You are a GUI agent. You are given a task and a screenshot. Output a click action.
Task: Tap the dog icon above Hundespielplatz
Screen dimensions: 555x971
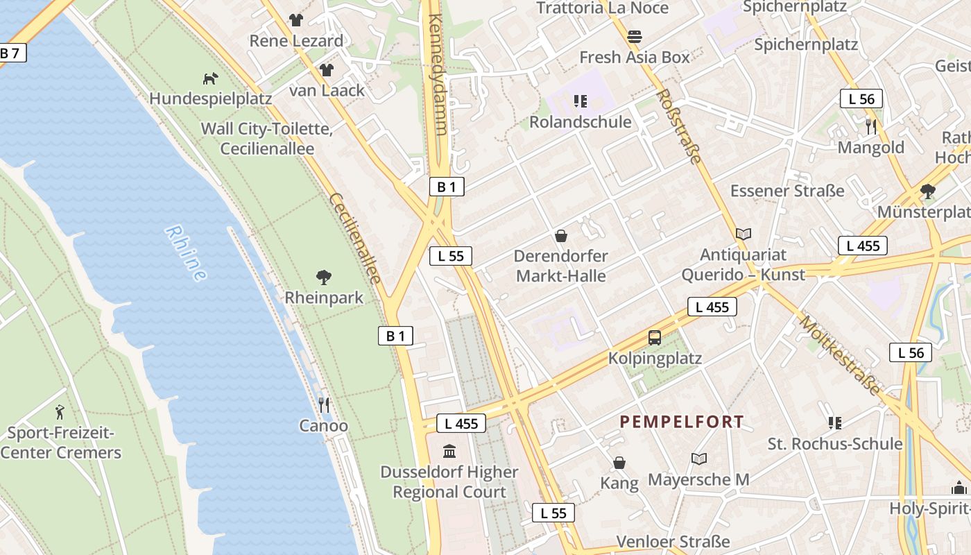[x=210, y=78]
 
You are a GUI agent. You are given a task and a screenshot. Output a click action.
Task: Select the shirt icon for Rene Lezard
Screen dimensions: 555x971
[x=296, y=19]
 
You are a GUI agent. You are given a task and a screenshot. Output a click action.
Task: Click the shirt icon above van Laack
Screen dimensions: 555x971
[x=327, y=69]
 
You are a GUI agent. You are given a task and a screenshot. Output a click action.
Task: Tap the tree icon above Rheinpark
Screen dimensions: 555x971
[x=323, y=277]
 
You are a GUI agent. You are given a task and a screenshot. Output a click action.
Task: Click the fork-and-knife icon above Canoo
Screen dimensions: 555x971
[x=324, y=404]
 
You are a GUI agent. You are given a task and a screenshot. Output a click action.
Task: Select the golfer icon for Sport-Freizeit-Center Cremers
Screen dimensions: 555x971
[x=60, y=412]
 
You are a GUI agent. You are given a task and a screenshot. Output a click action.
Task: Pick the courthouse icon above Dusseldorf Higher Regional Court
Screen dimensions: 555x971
[x=449, y=452]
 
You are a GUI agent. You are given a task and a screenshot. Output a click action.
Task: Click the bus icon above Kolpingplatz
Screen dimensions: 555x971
[x=655, y=338]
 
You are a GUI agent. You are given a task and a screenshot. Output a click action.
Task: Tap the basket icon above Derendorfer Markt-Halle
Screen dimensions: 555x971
[x=561, y=236]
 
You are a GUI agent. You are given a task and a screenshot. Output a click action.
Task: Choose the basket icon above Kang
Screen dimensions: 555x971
[x=619, y=462]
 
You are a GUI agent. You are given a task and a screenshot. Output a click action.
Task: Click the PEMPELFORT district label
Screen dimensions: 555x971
[x=681, y=421]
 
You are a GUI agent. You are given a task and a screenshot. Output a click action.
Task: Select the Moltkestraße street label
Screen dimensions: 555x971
[x=839, y=355]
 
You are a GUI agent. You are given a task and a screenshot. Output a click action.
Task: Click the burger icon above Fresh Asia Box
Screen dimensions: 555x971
[x=635, y=36]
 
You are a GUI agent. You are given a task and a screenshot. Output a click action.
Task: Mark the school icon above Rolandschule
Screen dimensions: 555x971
[x=581, y=101]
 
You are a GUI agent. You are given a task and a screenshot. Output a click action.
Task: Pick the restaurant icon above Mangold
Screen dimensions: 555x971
[x=871, y=126]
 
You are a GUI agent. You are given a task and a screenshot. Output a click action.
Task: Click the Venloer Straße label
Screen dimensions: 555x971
[x=673, y=541]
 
